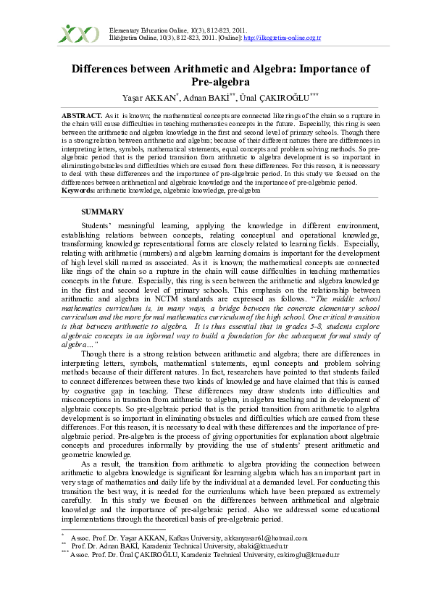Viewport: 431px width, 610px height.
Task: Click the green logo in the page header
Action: pos(78,34)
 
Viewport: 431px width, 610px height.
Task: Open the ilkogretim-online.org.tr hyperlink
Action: pos(283,38)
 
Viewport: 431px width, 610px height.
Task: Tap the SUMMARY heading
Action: pos(103,211)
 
